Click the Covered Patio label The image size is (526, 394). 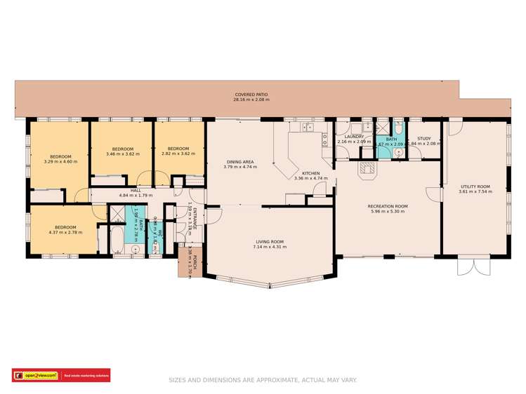[251, 95]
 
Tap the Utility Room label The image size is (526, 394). [474, 186]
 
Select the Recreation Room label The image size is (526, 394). [388, 206]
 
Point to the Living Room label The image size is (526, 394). [270, 243]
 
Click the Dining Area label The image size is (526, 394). [239, 162]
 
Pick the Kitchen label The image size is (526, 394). [310, 173]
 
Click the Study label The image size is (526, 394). [424, 138]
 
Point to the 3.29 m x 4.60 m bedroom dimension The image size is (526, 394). [60, 161]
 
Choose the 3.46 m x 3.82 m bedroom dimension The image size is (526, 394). [122, 153]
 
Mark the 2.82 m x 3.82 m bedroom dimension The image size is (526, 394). [178, 153]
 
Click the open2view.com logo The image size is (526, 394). [36, 376]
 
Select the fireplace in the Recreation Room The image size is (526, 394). [367, 169]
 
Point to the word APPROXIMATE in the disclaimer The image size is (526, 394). [274, 380]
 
